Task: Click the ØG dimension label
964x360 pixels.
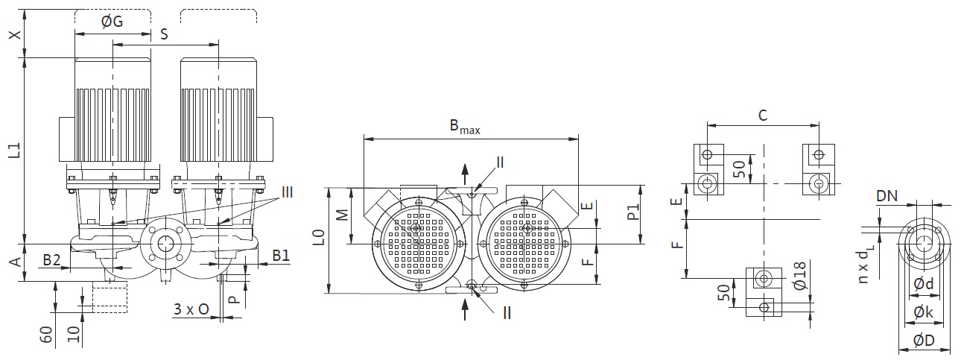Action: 112,21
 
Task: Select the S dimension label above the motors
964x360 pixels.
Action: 164,34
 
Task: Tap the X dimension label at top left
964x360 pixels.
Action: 15,34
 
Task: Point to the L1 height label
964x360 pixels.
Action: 15,151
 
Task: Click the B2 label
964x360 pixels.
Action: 51,260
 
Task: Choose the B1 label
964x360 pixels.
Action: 281,256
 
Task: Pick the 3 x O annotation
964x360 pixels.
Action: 191,309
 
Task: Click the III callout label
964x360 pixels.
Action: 287,192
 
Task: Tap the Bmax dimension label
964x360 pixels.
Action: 465,127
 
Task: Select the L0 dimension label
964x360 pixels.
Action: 318,238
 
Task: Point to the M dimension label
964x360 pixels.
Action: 342,215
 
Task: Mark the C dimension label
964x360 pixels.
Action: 763,116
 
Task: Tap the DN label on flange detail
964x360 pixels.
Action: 887,196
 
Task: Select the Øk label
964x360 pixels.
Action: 923,312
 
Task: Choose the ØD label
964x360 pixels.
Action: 924,341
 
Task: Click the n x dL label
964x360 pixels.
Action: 863,267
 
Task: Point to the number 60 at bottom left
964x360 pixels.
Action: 46,335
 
